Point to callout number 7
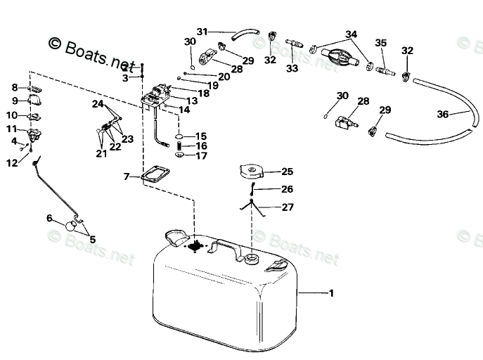point(127,176)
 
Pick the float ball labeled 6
point(70,226)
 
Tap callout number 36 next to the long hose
point(443,115)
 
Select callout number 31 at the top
point(202,32)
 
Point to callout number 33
point(292,68)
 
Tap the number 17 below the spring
point(201,155)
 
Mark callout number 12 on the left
point(11,163)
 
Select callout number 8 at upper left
point(14,87)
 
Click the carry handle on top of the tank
point(226,247)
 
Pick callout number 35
point(381,42)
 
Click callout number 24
point(97,104)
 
